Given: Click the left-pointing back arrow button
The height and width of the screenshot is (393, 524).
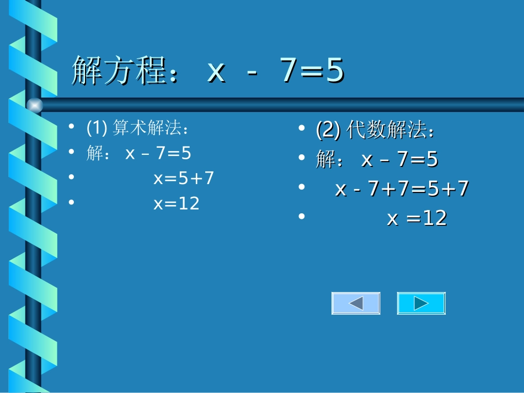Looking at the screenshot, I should (356, 303).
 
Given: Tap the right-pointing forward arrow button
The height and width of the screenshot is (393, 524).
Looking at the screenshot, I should (421, 303).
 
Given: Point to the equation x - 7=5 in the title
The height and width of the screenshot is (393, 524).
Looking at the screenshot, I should (276, 72).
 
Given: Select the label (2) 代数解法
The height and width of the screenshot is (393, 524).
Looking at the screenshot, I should (376, 131).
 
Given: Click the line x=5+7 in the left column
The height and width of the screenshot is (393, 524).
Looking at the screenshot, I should (184, 179).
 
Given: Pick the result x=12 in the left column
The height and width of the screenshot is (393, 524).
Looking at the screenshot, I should (177, 204).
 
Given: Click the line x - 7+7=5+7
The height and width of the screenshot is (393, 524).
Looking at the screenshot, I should (402, 189).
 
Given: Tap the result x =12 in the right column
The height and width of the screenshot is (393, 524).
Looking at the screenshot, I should (417, 219).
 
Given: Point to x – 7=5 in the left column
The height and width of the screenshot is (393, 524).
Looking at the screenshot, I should (158, 153).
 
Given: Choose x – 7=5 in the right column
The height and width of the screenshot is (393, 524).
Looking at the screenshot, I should (400, 160).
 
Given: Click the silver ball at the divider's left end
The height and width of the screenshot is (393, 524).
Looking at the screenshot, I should (35, 105).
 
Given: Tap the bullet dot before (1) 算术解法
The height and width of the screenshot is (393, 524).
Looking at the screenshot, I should (71, 127).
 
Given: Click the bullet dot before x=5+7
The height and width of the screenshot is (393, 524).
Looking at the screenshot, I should (71, 177).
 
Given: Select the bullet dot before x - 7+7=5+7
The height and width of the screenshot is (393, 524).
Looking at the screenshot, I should (301, 187).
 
